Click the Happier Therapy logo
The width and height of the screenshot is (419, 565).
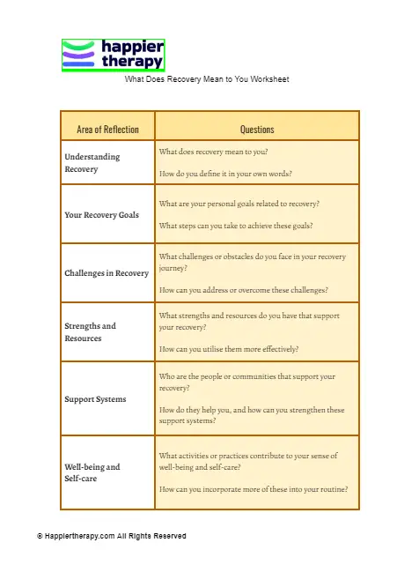[x=113, y=55]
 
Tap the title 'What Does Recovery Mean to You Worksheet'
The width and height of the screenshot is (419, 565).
[x=207, y=79]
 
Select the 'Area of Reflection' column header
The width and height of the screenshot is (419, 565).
[x=107, y=130]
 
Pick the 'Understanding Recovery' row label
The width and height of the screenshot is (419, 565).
[x=92, y=162]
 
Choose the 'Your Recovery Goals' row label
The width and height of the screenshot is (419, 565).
[x=102, y=214]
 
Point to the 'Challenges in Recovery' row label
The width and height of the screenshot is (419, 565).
[x=107, y=273]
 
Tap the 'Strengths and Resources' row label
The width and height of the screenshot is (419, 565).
[x=90, y=331]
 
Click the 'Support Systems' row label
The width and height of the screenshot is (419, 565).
[x=95, y=399]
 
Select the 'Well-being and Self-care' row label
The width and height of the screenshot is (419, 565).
[x=92, y=472]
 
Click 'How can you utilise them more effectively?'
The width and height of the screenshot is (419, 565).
[x=229, y=349]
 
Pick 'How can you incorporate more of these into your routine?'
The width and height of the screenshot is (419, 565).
[x=254, y=488]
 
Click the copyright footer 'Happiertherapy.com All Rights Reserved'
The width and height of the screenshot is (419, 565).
[x=112, y=536]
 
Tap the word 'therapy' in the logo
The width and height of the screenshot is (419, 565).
[x=133, y=62]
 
